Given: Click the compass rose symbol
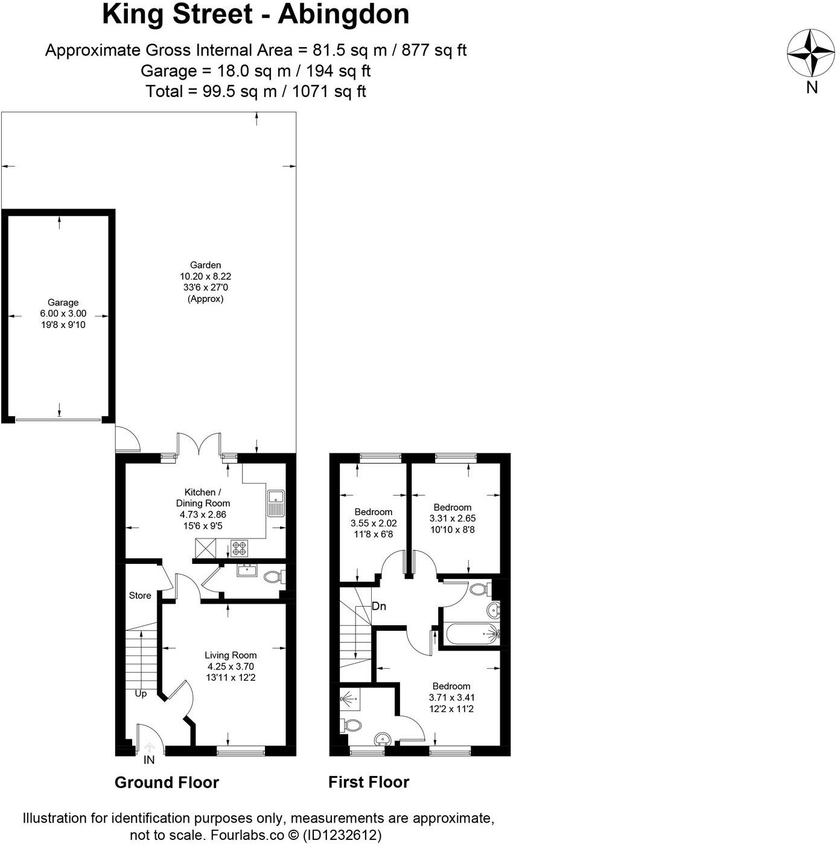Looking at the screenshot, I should coord(810,53).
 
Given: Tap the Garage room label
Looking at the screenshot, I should coord(63,303).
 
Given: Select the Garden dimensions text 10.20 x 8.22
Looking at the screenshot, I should coord(205,276).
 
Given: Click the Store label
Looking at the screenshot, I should coord(140,596).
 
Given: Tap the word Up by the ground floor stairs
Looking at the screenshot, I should coord(141,693).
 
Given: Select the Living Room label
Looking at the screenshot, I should coord(231,655).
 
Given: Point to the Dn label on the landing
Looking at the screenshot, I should coord(379,607).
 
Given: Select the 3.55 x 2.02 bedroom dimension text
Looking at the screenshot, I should coord(374,523).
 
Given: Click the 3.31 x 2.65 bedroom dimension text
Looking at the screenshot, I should coord(453,518).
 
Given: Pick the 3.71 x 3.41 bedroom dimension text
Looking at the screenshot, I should coord(451,697).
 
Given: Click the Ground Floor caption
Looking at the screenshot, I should coord(167,783).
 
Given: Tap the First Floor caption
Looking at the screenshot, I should coord(369,782).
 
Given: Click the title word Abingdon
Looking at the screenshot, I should coord(343,14).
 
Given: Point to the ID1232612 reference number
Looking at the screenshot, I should coord(342,835).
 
